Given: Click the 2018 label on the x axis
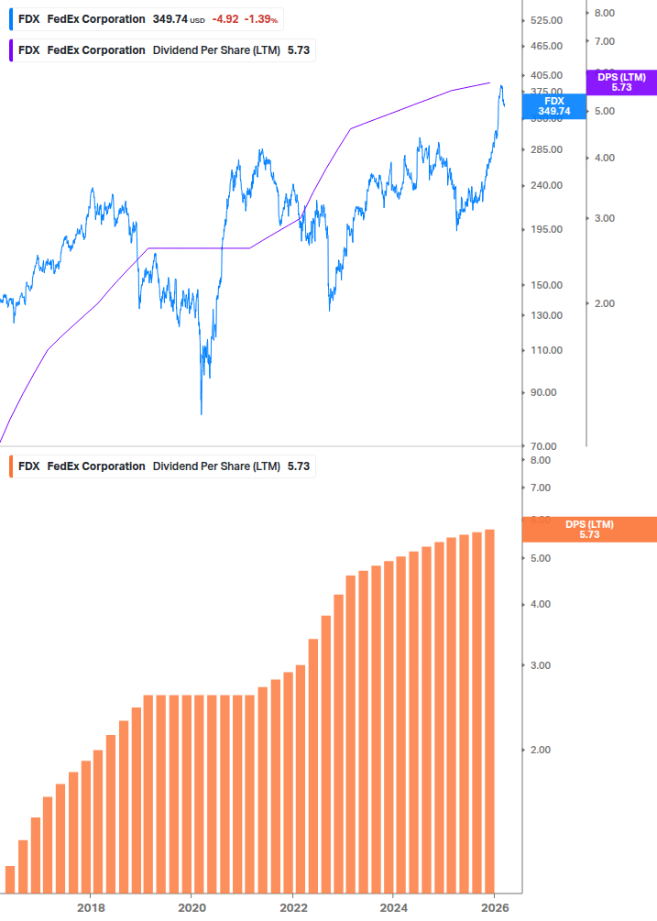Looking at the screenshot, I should tap(90, 907).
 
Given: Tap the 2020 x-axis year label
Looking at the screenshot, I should tap(191, 907).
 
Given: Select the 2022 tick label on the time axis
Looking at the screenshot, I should tap(292, 907).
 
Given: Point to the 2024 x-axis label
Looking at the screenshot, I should tap(393, 907).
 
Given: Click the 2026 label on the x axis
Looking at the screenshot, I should tap(494, 907).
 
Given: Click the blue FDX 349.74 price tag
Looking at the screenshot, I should tap(553, 106).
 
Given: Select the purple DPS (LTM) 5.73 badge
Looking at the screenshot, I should tap(620, 82).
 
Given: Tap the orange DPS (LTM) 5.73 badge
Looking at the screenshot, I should tap(588, 529).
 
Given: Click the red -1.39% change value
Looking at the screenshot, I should tap(262, 19).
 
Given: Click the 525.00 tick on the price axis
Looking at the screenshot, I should tap(545, 20).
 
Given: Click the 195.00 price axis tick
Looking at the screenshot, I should tap(545, 229).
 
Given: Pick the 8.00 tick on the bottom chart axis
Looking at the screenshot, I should tap(540, 460).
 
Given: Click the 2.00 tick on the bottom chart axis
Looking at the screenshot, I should tap(540, 750).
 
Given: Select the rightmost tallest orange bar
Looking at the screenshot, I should tap(490, 710).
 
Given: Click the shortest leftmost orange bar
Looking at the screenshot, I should tap(10, 878).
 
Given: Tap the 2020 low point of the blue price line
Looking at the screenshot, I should tap(201, 413).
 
